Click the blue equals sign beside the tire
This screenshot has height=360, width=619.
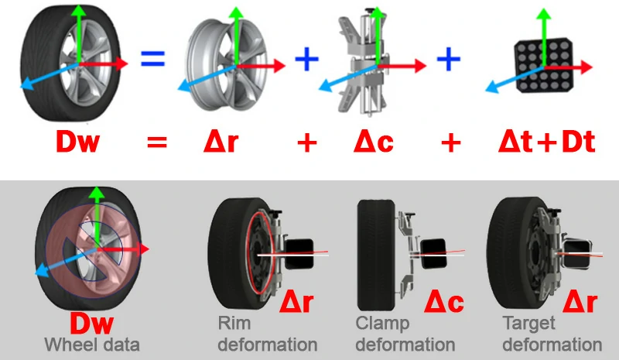tap(152, 58)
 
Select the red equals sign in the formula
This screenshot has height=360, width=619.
tap(157, 142)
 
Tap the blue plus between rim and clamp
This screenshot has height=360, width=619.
tap(308, 58)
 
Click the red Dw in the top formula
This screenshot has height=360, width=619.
tap(78, 142)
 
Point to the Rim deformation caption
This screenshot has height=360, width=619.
tap(266, 333)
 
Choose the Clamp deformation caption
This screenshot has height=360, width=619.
tap(404, 333)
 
